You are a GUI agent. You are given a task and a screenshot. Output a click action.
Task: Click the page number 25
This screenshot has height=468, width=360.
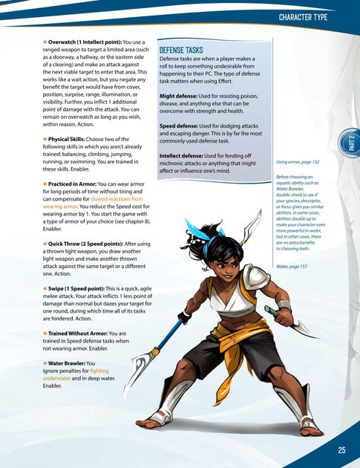[341, 449]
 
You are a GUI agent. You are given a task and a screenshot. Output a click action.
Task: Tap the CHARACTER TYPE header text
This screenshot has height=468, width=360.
[312, 16]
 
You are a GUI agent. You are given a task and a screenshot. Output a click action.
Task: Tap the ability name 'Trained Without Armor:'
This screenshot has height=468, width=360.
[82, 334]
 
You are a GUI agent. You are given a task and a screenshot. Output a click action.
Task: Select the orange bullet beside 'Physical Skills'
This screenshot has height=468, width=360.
[45, 138]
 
